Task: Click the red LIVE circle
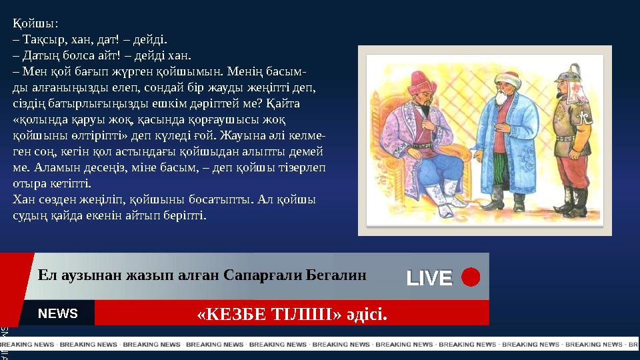click(471, 277)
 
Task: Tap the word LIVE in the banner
click(429, 277)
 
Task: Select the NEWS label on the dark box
click(58, 313)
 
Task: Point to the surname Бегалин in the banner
click(336, 274)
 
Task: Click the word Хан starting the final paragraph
click(24, 199)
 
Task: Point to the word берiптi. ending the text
click(187, 215)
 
